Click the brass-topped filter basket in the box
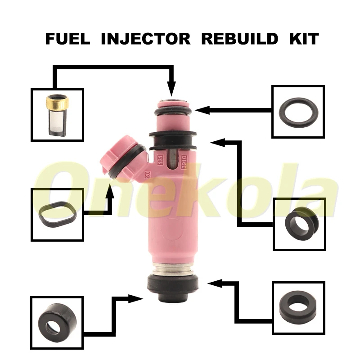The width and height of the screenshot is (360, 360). click(57, 115)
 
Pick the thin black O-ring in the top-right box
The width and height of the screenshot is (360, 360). click(298, 112)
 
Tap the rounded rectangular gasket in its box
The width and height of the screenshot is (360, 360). click(57, 215)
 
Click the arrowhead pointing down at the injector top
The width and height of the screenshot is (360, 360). click(171, 88)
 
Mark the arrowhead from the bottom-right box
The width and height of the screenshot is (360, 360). click(215, 283)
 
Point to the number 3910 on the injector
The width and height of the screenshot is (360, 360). click(184, 162)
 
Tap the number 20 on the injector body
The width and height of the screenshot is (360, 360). click(147, 175)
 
